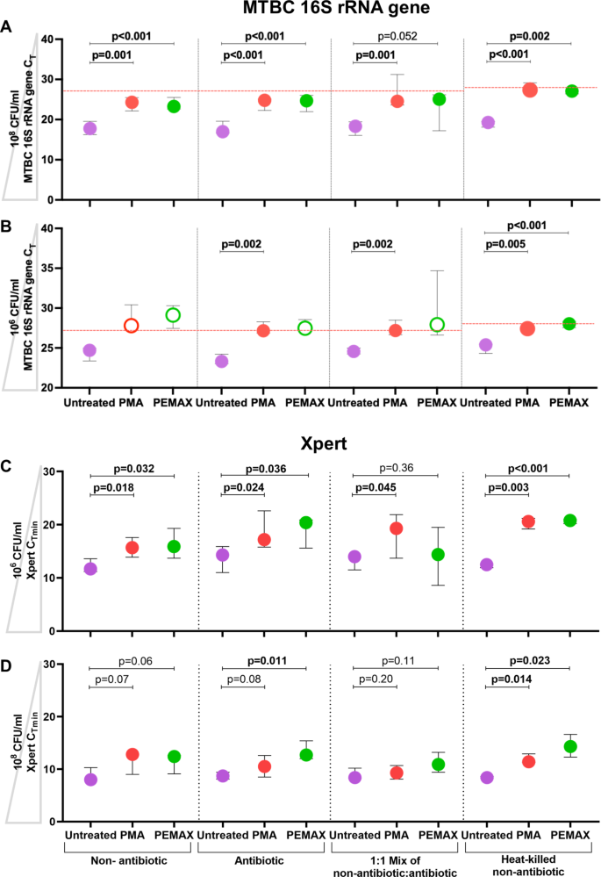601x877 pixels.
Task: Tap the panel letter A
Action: [7, 27]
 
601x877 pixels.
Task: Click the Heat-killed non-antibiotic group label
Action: [527, 860]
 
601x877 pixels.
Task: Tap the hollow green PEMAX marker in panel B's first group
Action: [174, 315]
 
